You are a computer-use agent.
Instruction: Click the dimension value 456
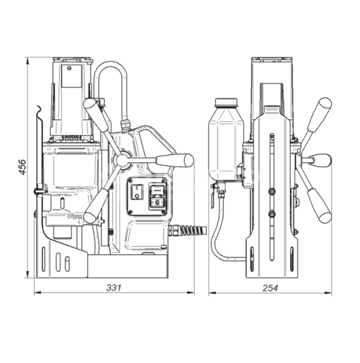pos(22,167)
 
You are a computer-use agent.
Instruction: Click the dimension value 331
pos(114,288)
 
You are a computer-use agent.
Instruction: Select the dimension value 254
pos(270,288)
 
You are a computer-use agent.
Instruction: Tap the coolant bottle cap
pos(226,103)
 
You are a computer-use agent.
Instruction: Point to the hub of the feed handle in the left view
pos(122,160)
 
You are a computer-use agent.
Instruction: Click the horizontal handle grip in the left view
pos(175,160)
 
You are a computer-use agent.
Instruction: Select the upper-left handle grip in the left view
pos(95,114)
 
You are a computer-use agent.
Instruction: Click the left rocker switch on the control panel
pos(137,192)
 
